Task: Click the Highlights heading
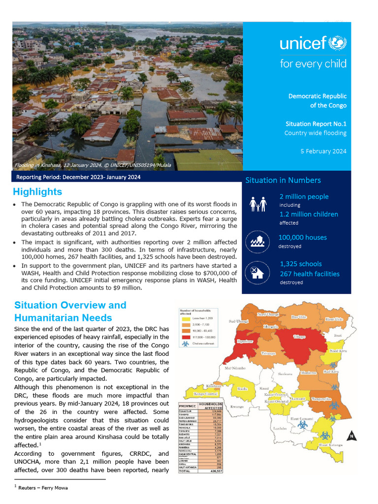tap(37, 192)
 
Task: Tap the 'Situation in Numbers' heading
tap(283, 180)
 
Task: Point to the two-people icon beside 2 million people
tap(258, 204)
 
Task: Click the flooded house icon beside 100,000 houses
tap(258, 241)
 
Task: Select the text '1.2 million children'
tap(309, 214)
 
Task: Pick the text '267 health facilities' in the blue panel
tap(310, 274)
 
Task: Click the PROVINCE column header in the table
tap(188, 406)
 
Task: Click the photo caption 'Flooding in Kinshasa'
tap(92, 165)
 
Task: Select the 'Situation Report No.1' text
tap(315, 124)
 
